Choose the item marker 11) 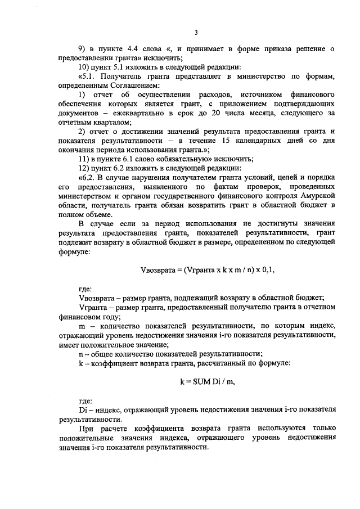click(84, 159)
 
